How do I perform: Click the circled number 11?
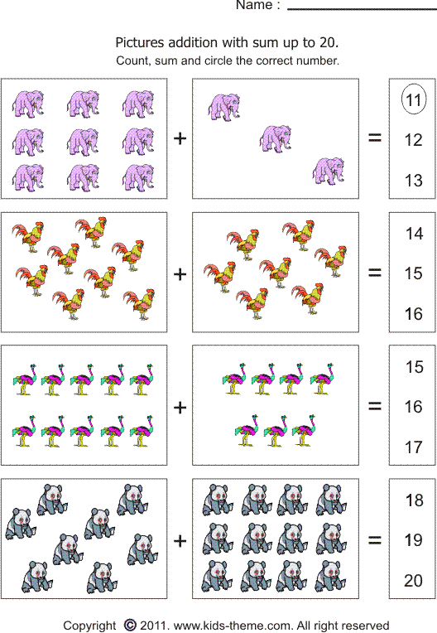click(414, 101)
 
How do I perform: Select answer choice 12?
click(414, 141)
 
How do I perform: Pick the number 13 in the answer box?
click(414, 181)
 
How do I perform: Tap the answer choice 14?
click(414, 234)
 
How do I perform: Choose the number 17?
click(414, 447)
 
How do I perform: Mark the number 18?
click(414, 500)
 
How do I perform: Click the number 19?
click(414, 540)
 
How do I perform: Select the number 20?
click(414, 581)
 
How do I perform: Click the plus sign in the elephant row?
click(180, 138)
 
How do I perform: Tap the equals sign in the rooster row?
click(375, 273)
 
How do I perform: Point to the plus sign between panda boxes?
click(180, 540)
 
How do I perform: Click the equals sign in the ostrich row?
click(375, 406)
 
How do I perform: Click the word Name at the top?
click(254, 6)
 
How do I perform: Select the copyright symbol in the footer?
click(129, 625)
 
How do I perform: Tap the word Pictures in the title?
click(140, 42)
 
